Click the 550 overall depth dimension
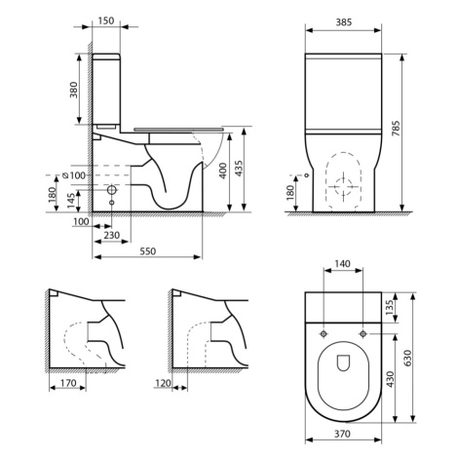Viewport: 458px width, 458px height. (x=147, y=252)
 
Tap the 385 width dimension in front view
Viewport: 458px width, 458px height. (x=343, y=20)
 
